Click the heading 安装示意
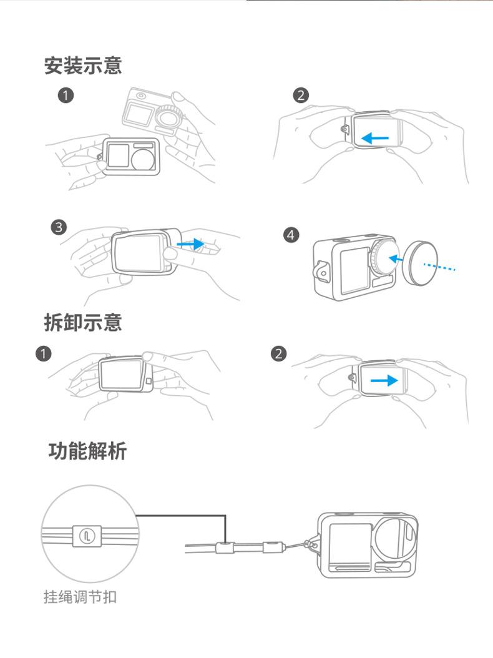82,65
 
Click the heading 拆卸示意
82,322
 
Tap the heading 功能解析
87,450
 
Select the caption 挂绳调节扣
79,597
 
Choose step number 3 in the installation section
59,227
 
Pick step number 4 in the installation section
291,235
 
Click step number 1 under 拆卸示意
43,354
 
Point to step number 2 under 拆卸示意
278,354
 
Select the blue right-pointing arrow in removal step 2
384,380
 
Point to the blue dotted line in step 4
441,267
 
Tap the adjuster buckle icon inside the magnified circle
87,534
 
